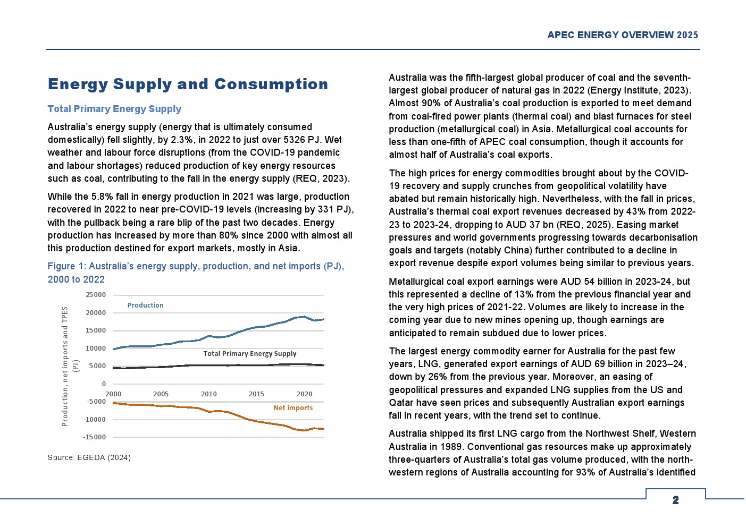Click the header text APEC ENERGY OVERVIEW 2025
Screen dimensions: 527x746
(x=622, y=35)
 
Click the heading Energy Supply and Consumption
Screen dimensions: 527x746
(x=188, y=84)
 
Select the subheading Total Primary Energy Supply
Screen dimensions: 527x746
(x=114, y=109)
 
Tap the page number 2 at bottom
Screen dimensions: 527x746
(x=675, y=500)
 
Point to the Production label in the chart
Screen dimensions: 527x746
(x=145, y=305)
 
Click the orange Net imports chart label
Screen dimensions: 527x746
(x=293, y=408)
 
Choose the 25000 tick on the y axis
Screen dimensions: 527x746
(x=96, y=295)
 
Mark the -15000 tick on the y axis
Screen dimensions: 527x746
(x=95, y=437)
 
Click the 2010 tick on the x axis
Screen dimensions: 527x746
(x=208, y=394)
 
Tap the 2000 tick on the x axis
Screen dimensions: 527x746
(x=113, y=394)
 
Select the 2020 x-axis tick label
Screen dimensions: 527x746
(x=304, y=394)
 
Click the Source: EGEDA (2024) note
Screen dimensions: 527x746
(x=89, y=457)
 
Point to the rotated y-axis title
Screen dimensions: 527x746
(x=69, y=367)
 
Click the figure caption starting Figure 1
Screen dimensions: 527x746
(x=195, y=273)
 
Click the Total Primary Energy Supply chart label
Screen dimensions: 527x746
(x=249, y=354)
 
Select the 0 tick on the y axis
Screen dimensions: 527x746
(x=104, y=384)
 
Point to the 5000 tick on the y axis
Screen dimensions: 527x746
(x=97, y=366)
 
